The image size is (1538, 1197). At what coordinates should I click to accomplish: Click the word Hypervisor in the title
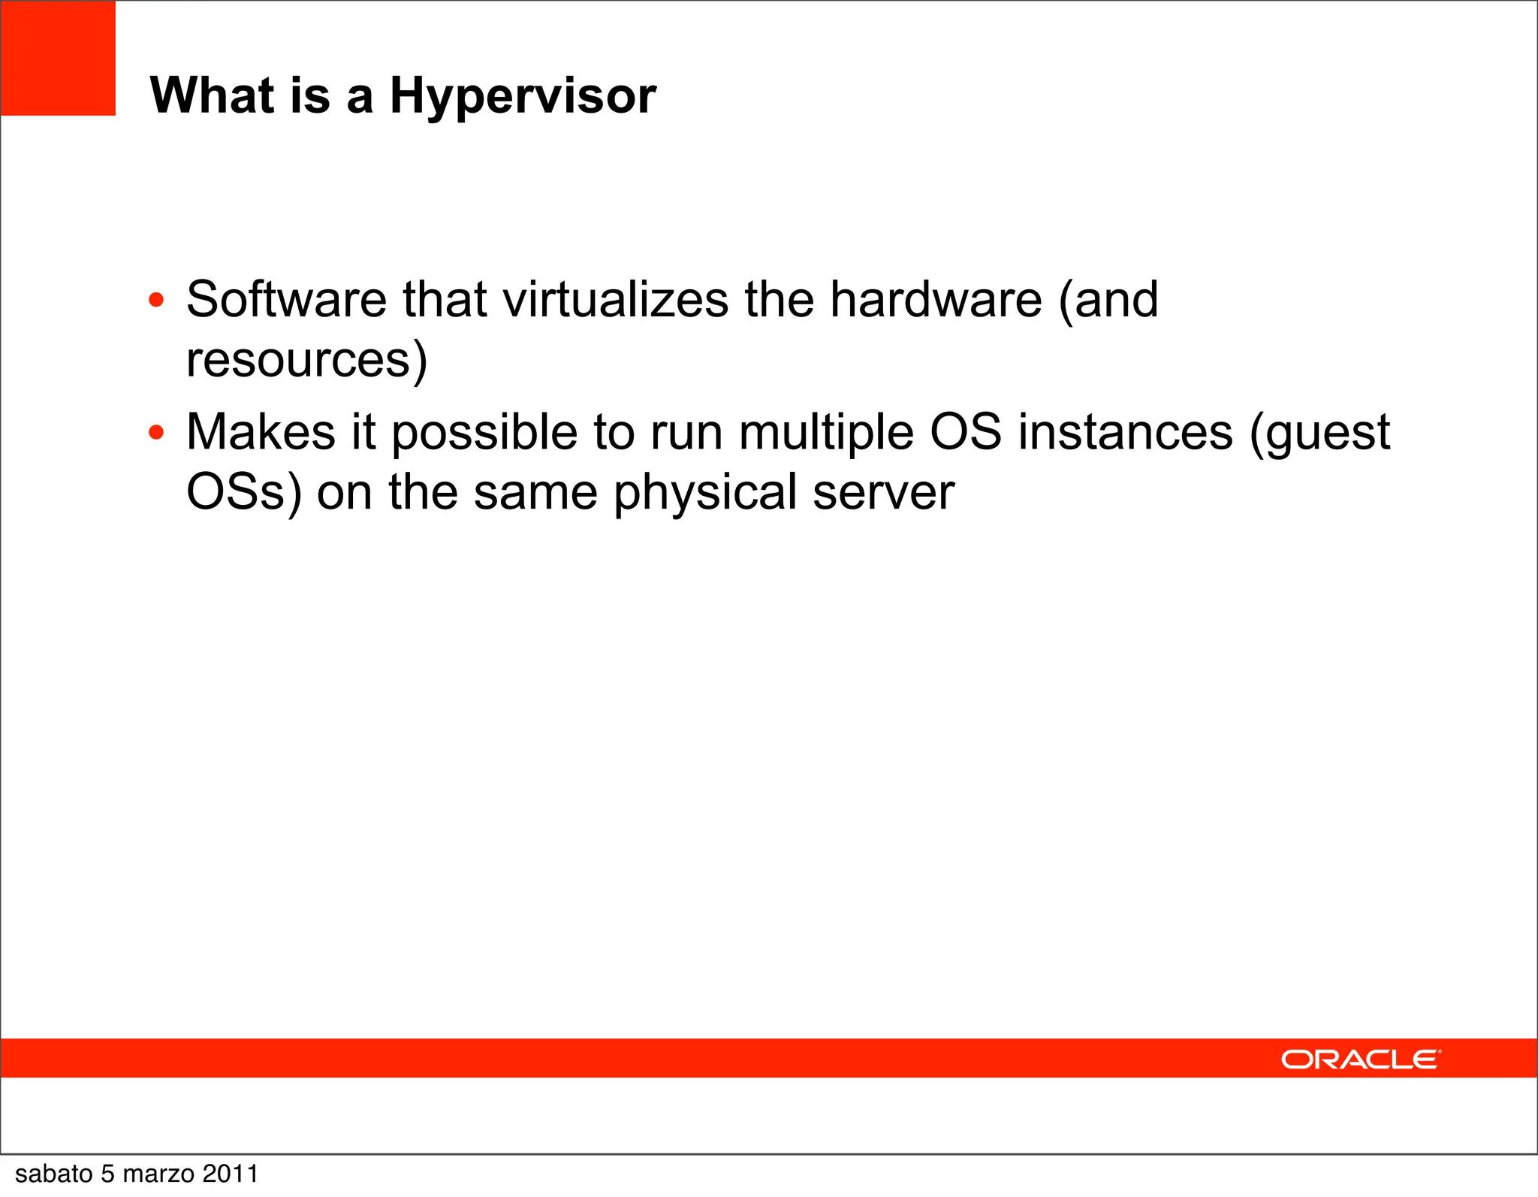[x=523, y=96]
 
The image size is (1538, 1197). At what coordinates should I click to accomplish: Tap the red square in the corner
[x=58, y=58]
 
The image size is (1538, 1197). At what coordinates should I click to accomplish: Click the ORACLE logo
[x=1361, y=1059]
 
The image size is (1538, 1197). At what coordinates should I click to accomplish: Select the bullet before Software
[x=156, y=301]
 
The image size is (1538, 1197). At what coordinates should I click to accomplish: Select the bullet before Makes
[x=156, y=433]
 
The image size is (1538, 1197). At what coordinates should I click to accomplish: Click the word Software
[x=286, y=299]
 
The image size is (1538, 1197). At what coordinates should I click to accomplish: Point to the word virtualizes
[x=616, y=299]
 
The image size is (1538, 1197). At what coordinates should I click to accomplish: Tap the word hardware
[x=936, y=299]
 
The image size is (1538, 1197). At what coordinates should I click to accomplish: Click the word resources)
[x=306, y=359]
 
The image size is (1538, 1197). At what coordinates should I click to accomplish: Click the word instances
[x=1125, y=433]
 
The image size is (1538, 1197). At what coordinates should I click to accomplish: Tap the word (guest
[x=1319, y=434]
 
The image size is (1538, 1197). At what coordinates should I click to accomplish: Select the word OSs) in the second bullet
[x=243, y=492]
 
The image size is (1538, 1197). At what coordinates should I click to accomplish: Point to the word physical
[x=705, y=494]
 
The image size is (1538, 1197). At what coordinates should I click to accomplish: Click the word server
[x=883, y=494]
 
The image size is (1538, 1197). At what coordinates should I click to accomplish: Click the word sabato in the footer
[x=53, y=1174]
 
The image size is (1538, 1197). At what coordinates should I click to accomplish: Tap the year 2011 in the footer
[x=230, y=1174]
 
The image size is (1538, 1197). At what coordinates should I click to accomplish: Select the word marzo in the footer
[x=158, y=1174]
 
